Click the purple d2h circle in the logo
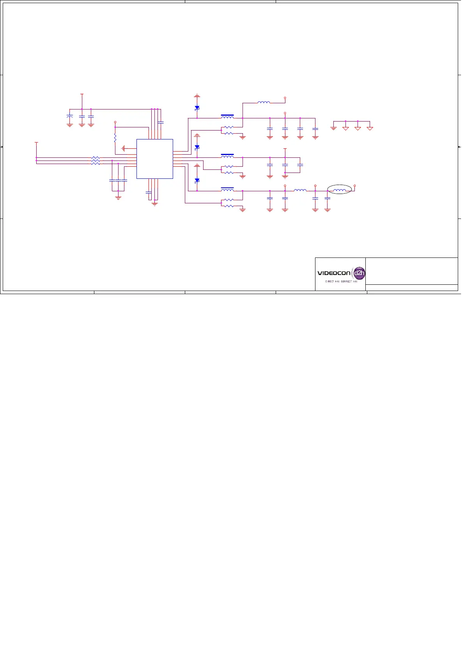pyautogui.click(x=359, y=273)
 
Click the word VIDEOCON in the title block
pyautogui.click(x=334, y=273)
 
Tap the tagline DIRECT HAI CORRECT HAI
pyautogui.click(x=341, y=281)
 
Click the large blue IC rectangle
pyautogui.click(x=155, y=159)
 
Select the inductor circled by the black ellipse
pyautogui.click(x=340, y=190)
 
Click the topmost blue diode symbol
pyautogui.click(x=197, y=108)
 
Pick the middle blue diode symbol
pyautogui.click(x=197, y=147)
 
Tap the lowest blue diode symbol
pyautogui.click(x=197, y=180)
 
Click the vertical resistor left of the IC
pyautogui.click(x=115, y=138)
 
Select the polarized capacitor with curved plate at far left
pyautogui.click(x=69, y=116)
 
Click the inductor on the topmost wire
pyautogui.click(x=264, y=102)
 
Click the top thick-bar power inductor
pyautogui.click(x=227, y=116)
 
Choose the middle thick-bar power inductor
pyautogui.click(x=227, y=156)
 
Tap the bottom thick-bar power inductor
pyautogui.click(x=227, y=189)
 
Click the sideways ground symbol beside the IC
pyautogui.click(x=123, y=148)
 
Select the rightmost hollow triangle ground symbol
pyautogui.click(x=370, y=128)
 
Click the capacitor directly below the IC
pyautogui.click(x=148, y=192)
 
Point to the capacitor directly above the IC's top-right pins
pyautogui.click(x=161, y=123)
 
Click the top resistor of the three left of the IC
pyautogui.click(x=96, y=158)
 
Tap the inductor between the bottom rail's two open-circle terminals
pyautogui.click(x=300, y=190)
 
